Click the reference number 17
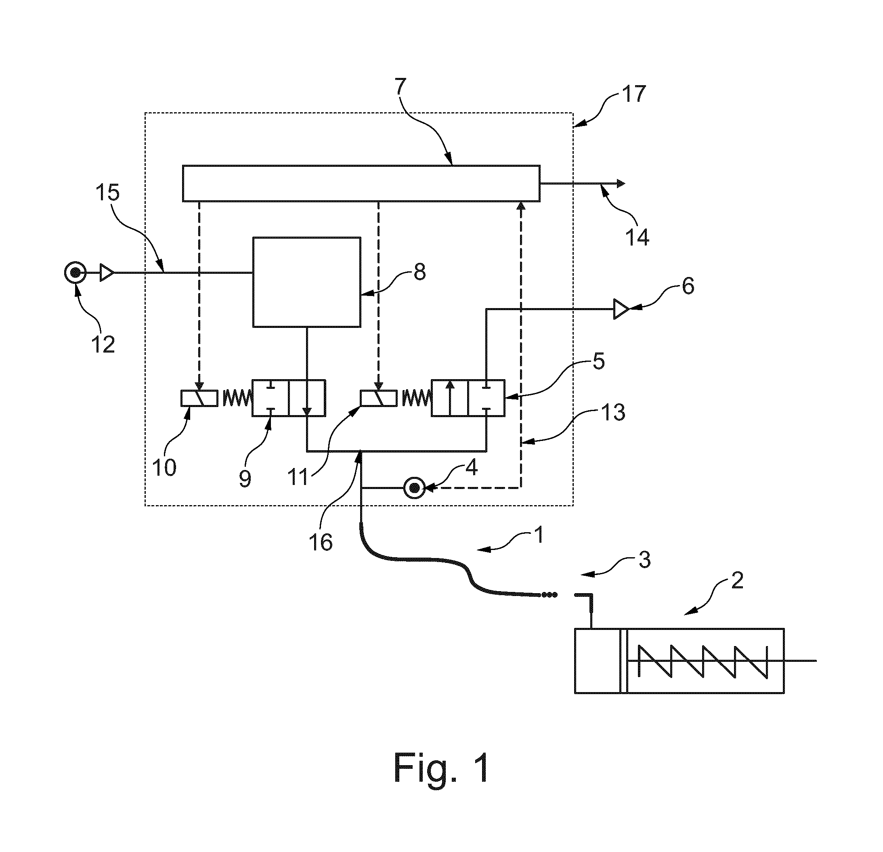click(x=633, y=94)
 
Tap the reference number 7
click(x=401, y=87)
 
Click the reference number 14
click(x=637, y=237)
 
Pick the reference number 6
click(x=688, y=286)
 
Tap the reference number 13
click(x=613, y=412)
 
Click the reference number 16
click(x=321, y=542)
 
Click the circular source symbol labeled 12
click(x=75, y=273)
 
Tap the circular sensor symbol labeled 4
click(x=414, y=488)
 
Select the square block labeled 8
click(x=307, y=281)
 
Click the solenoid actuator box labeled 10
click(x=199, y=398)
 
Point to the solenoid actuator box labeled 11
click(x=378, y=398)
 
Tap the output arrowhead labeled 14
click(x=621, y=183)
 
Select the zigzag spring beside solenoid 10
click(x=236, y=398)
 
